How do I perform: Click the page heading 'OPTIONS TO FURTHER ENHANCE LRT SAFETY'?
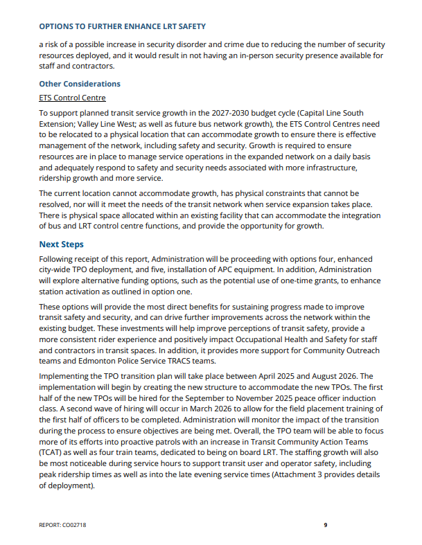tap(122, 26)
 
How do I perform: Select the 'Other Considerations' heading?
tap(79, 84)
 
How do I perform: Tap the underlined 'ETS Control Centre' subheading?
tap(72, 98)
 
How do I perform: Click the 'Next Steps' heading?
tap(61, 244)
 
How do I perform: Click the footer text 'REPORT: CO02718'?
tap(63, 525)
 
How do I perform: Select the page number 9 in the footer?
tap(325, 525)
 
